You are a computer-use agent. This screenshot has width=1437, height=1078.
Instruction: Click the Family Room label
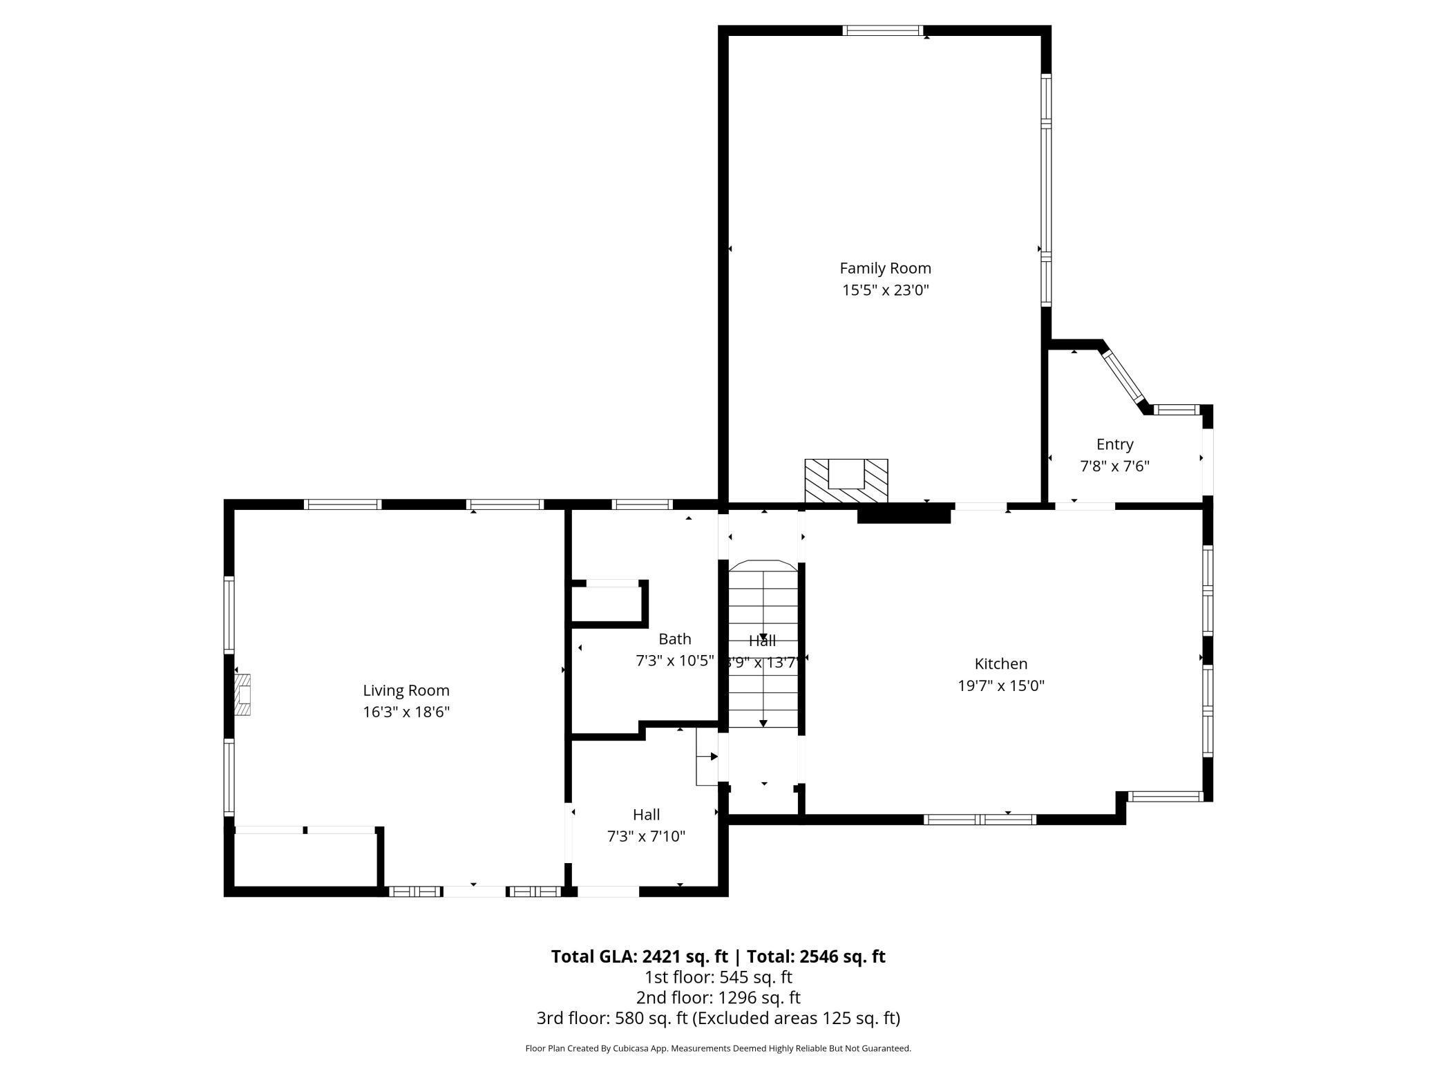(x=885, y=268)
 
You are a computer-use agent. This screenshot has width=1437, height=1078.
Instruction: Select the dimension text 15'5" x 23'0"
(x=885, y=290)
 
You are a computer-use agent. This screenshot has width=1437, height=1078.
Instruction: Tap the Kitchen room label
(x=1000, y=664)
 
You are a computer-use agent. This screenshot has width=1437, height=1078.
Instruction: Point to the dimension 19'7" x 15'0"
(x=1000, y=686)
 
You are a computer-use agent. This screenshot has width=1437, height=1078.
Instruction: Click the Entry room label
(x=1114, y=444)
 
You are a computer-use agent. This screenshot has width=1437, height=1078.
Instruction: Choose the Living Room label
(x=406, y=690)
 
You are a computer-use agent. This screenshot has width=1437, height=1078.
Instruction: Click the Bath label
(x=674, y=639)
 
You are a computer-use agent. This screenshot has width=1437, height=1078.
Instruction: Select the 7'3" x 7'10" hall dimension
(x=646, y=837)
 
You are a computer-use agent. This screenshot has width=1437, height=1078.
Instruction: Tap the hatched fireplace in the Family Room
(x=846, y=482)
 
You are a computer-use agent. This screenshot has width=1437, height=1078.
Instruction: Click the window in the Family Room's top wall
(x=882, y=30)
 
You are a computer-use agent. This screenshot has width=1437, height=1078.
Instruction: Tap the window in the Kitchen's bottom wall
(x=979, y=820)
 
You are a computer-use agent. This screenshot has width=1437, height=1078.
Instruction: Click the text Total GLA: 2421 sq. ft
(x=639, y=956)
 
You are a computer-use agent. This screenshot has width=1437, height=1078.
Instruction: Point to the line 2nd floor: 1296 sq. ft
(x=718, y=998)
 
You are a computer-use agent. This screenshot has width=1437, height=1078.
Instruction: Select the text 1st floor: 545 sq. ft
(x=718, y=977)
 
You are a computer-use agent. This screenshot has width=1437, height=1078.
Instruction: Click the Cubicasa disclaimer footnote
(x=718, y=1048)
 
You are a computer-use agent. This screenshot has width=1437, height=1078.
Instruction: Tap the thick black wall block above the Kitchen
(x=904, y=514)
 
